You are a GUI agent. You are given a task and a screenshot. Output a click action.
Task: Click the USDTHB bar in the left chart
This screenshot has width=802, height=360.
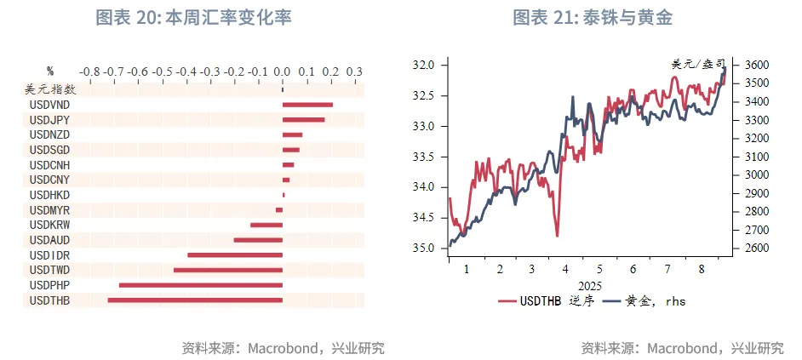click(195, 300)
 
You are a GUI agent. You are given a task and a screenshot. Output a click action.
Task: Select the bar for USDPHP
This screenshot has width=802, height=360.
click(201, 285)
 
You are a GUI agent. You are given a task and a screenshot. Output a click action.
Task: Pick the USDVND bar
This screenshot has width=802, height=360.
click(307, 105)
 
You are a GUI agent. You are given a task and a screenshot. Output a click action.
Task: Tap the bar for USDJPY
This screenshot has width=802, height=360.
click(303, 120)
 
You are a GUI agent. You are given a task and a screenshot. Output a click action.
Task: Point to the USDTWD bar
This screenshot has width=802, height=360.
click(228, 270)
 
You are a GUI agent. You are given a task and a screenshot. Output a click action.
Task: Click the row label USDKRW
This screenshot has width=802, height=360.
click(49, 225)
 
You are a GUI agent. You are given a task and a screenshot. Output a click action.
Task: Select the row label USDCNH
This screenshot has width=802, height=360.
click(49, 164)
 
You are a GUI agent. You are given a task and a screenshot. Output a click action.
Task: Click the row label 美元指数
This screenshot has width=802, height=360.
click(49, 89)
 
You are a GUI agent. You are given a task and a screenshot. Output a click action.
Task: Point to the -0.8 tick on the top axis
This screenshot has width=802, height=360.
click(90, 71)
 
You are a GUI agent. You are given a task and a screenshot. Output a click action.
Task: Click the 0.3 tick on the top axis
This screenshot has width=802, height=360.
click(354, 71)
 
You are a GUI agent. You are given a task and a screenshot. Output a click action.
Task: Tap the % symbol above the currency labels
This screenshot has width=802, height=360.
click(50, 71)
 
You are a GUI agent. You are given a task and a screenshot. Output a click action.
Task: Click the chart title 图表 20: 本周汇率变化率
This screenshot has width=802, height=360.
click(193, 17)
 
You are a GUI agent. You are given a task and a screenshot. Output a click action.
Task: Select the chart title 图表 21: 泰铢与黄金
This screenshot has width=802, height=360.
click(598, 17)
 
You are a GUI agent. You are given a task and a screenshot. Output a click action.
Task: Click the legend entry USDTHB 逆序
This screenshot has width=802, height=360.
click(548, 300)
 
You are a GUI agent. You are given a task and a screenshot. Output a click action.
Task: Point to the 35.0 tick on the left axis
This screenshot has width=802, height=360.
click(423, 249)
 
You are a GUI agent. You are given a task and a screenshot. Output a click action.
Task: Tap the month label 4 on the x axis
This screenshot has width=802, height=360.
click(565, 269)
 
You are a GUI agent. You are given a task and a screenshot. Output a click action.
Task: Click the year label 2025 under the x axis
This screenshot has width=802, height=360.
click(590, 285)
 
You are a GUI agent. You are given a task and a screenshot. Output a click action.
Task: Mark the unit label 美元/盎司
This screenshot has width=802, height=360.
click(698, 64)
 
